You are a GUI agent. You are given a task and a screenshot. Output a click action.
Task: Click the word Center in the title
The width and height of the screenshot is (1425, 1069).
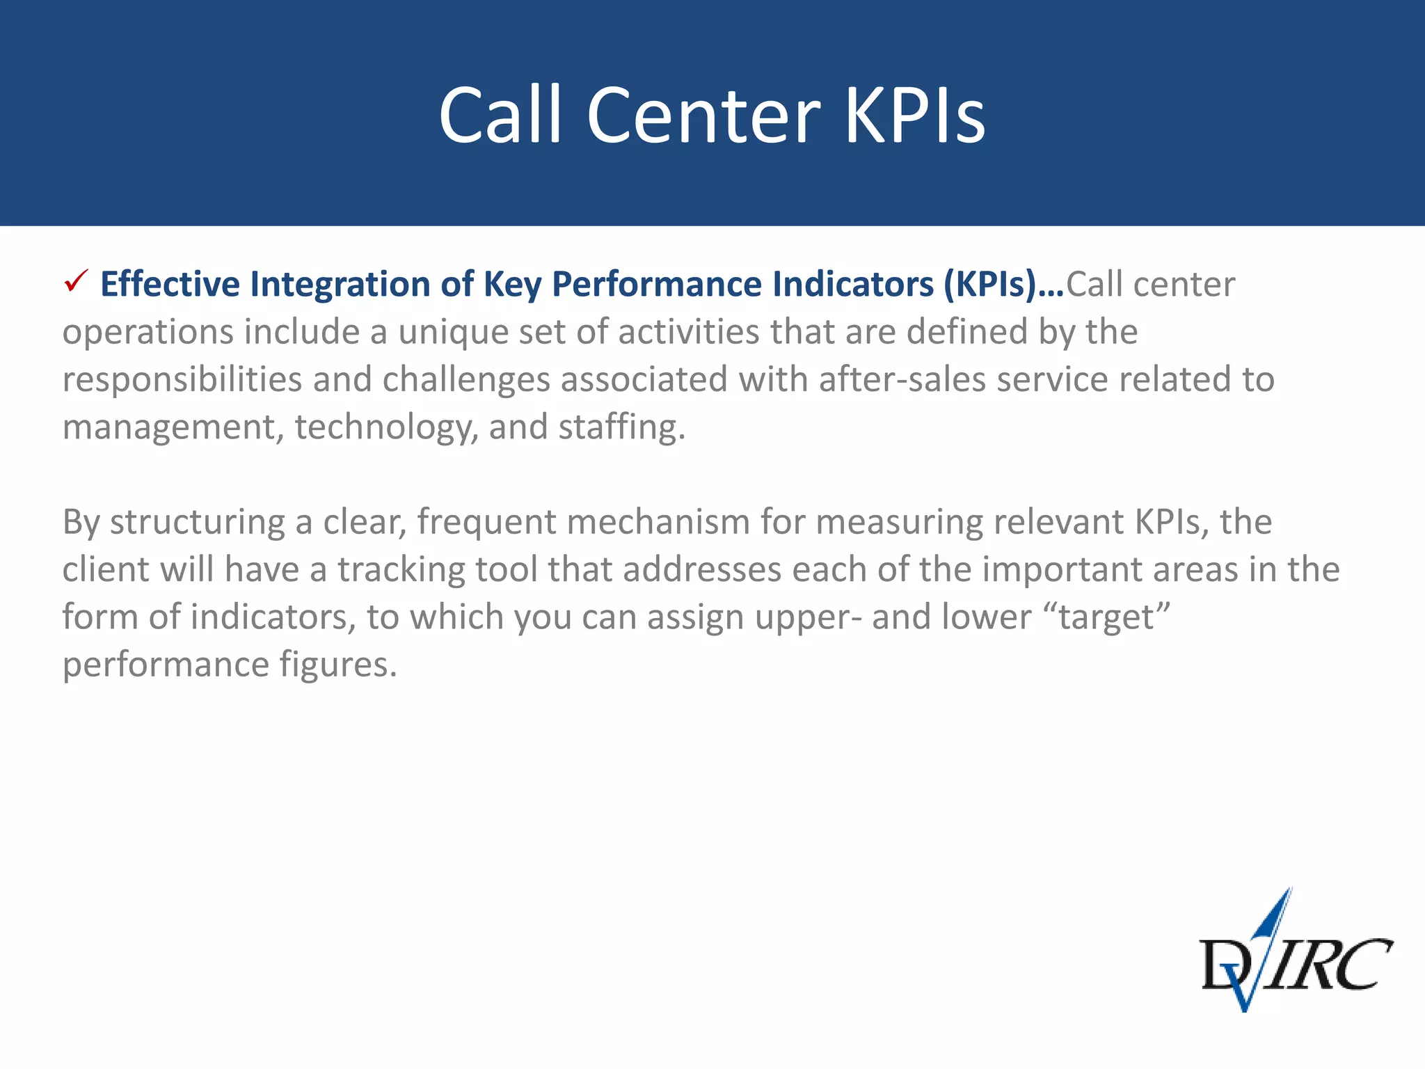pos(703,116)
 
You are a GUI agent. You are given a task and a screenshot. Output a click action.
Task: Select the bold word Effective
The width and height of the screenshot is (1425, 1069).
pos(170,284)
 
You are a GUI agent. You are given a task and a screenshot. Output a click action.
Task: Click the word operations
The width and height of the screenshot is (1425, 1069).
pos(148,333)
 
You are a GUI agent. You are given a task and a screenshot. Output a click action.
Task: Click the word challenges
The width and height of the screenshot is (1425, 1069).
pos(466,380)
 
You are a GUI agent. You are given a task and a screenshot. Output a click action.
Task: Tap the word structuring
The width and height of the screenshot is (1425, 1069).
pos(197,523)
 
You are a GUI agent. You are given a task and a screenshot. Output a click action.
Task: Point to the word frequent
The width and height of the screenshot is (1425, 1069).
pos(486,523)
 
